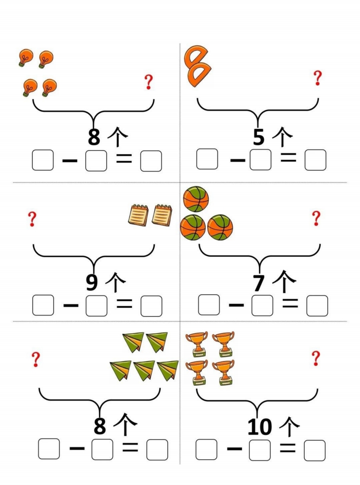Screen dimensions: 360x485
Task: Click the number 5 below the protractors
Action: point(259,137)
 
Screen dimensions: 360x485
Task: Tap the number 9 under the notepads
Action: point(92,282)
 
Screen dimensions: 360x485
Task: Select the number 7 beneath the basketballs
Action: point(259,283)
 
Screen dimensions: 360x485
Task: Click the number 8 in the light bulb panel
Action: point(94,137)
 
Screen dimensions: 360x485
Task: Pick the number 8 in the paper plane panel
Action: point(100,426)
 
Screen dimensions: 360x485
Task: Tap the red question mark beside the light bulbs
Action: point(149,82)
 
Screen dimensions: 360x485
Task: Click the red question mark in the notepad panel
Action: point(32,219)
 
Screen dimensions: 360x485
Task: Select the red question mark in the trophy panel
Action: point(316,358)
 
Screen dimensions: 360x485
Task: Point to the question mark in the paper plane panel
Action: point(36,359)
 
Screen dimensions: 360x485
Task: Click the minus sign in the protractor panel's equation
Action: point(238,160)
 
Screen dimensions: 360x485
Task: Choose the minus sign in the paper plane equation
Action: point(77,448)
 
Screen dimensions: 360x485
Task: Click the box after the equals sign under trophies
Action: point(315,451)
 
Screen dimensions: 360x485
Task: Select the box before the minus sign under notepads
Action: point(43,305)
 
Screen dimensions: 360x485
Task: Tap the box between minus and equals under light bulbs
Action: point(96,160)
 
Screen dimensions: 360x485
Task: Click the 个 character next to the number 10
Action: point(289,426)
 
